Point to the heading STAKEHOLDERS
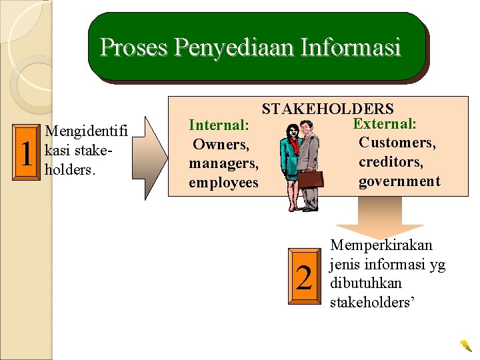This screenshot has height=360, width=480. [x=327, y=109]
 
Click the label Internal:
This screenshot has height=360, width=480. [x=219, y=125]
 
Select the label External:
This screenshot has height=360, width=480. [x=385, y=124]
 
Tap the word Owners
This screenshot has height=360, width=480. [x=220, y=144]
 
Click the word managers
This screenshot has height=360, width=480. [x=223, y=163]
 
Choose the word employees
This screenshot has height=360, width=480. [x=223, y=183]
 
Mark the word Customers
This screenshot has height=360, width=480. [x=397, y=143]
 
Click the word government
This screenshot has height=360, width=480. [x=399, y=181]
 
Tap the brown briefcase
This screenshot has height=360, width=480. [x=311, y=179]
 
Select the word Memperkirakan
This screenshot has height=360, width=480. [x=381, y=246]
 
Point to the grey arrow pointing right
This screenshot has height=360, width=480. [x=155, y=152]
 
